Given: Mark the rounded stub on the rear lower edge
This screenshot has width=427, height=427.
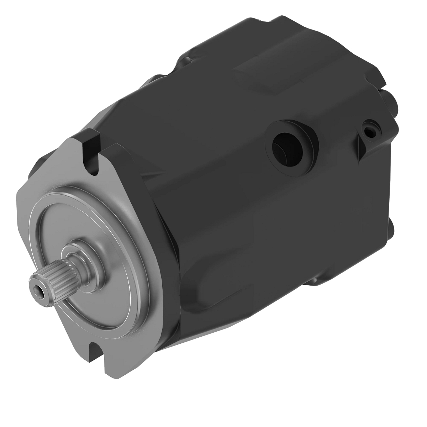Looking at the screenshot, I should (x=391, y=228).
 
